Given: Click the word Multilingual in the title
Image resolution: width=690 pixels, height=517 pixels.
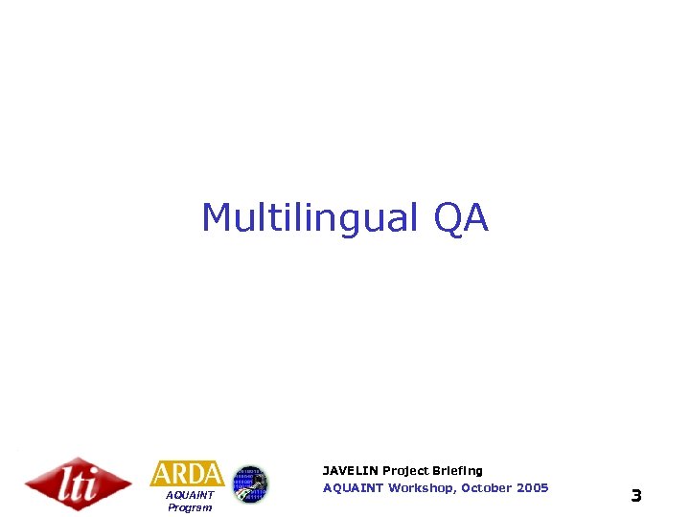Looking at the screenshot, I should [x=310, y=219].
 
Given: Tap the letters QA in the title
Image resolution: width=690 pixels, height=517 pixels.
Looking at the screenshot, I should [x=461, y=219].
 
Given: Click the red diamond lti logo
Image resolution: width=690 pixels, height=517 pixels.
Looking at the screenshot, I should [x=78, y=483].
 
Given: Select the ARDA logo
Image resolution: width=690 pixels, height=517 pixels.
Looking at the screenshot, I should [x=187, y=474].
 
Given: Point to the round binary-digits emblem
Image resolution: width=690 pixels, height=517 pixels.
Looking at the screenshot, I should [x=251, y=483].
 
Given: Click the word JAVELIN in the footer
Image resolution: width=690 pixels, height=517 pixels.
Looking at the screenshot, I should [x=350, y=471].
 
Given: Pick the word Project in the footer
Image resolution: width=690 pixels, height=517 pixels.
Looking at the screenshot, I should [x=406, y=471].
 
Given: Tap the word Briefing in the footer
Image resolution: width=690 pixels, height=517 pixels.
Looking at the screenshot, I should [x=458, y=471].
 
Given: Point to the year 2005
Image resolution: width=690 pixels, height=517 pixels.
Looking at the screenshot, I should [x=532, y=488].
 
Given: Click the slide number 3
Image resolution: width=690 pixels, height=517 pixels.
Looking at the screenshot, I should [x=635, y=496].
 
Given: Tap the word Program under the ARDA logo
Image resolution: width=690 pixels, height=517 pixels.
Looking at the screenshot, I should [x=189, y=507].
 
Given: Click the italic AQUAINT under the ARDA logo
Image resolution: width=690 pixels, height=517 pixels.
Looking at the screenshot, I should [x=189, y=496].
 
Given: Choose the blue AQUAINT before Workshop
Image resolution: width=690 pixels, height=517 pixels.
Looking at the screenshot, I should [x=354, y=488].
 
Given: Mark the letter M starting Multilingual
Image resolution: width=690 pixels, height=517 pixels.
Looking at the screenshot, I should [x=218, y=219].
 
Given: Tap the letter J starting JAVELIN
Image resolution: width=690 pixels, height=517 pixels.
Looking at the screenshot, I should [x=326, y=471].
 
